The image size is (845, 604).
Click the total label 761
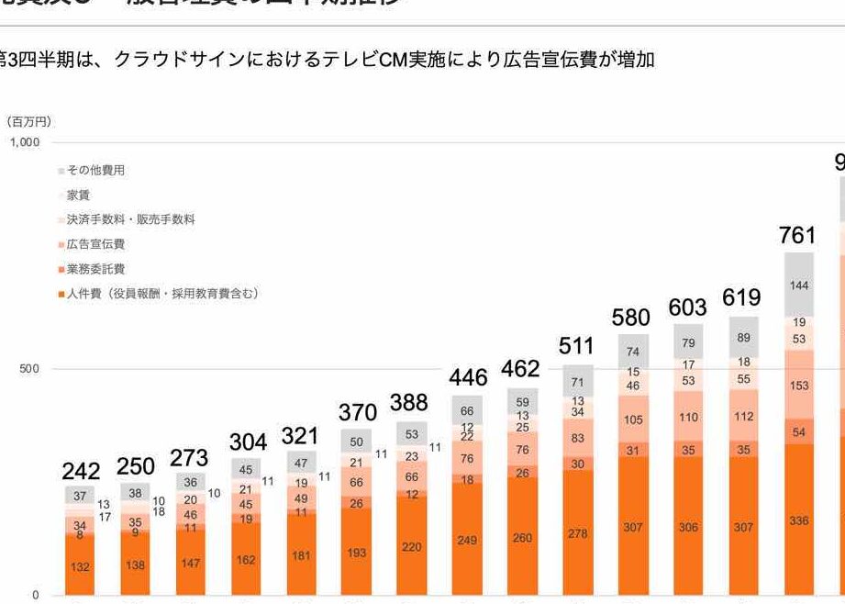[x=797, y=235]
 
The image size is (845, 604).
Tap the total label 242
[x=81, y=471]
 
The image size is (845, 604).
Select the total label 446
[x=468, y=377]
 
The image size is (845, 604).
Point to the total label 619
[x=741, y=297]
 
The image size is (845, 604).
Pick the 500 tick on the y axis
[x=31, y=369]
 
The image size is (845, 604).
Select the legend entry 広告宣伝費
[x=95, y=244]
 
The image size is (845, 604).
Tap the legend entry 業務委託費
[x=95, y=269]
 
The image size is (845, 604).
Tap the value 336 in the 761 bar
[x=798, y=520]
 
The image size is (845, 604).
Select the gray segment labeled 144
[x=798, y=285]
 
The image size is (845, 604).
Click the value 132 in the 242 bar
[x=81, y=566]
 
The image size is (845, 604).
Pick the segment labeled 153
[x=798, y=386]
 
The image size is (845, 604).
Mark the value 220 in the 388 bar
[x=411, y=546]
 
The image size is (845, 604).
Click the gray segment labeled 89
[x=743, y=338]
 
